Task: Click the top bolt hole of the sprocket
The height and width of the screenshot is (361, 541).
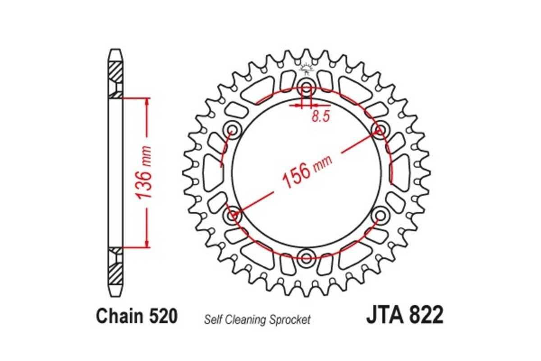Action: pos(307,87)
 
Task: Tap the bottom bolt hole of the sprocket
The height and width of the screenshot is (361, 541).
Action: pos(307,259)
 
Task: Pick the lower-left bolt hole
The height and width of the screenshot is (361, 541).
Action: pos(232,216)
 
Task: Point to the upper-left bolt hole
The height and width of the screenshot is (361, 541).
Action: pos(232,130)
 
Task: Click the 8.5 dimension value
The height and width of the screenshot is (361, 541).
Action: pos(321,116)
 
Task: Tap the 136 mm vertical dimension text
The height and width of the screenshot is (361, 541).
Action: pos(145,172)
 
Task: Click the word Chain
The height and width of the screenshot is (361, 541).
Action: pos(119,316)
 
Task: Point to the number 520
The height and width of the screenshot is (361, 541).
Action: pos(160,316)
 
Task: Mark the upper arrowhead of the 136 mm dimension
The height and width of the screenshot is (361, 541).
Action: pos(147,102)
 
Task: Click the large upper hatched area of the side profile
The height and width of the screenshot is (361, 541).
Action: pos(115,71)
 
